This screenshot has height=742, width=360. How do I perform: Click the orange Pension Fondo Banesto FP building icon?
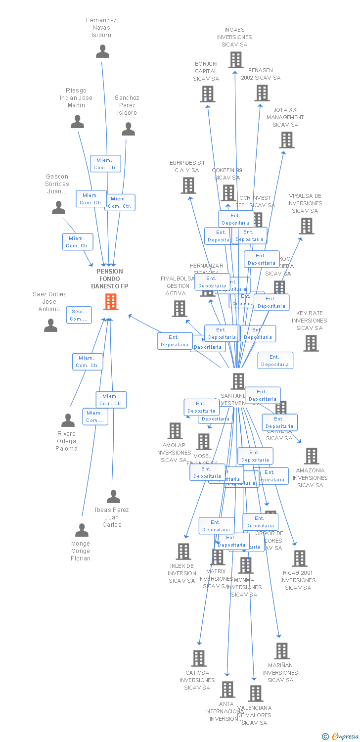(110, 301)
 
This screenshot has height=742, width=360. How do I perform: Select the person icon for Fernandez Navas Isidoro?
(102, 51)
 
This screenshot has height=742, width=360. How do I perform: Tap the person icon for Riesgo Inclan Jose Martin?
(77, 122)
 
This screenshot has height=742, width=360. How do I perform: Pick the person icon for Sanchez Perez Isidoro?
(128, 129)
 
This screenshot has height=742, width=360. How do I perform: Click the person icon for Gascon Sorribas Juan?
(58, 208)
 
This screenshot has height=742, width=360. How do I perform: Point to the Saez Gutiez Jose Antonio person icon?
(50, 325)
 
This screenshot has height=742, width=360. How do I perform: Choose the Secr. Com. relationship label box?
(79, 315)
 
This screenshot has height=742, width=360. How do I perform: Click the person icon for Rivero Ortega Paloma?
(68, 420)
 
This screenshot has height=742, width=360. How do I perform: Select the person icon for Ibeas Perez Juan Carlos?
(113, 497)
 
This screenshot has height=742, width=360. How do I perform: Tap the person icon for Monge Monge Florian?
(82, 530)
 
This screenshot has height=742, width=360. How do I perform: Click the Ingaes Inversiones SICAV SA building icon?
(236, 60)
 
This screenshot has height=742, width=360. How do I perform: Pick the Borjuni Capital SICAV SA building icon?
(208, 94)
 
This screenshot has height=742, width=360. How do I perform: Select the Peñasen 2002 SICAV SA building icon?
(262, 93)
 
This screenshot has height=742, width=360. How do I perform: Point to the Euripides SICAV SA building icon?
(188, 185)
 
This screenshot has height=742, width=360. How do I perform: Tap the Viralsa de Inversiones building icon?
(307, 226)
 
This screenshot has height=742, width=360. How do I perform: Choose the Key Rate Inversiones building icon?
(311, 343)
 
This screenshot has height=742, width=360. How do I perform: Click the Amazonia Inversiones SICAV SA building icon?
(312, 456)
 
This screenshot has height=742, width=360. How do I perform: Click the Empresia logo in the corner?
(341, 737)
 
